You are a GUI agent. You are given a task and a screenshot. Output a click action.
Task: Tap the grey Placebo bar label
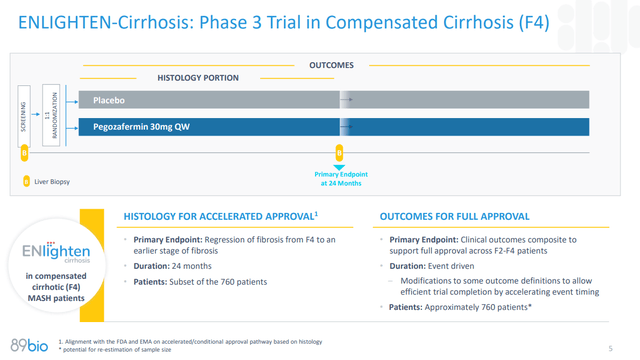click(x=109, y=101)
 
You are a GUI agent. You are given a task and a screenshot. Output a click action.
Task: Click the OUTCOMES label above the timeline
click(x=332, y=65)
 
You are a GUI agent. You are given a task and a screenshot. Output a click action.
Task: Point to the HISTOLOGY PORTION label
click(x=198, y=78)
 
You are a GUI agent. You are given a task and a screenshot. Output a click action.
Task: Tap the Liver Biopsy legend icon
click(x=27, y=182)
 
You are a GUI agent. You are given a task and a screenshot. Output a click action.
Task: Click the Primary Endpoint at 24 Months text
click(x=339, y=179)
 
